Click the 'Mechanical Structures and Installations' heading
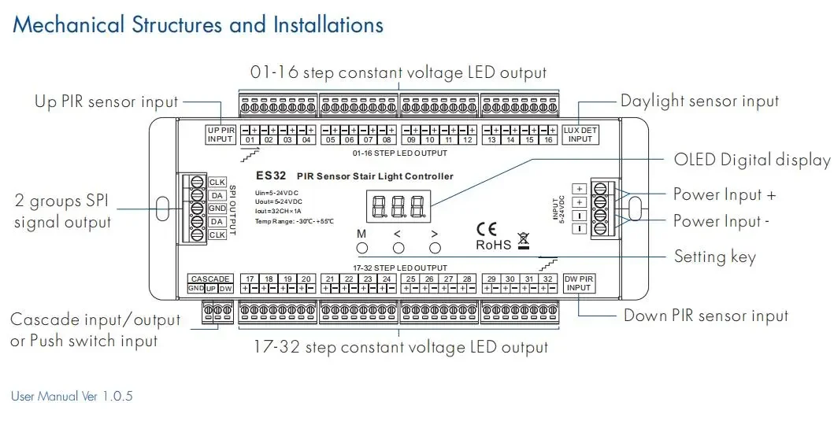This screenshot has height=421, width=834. coord(198,24)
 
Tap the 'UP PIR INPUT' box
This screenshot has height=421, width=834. coord(221,134)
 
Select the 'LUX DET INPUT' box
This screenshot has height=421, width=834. coord(580,134)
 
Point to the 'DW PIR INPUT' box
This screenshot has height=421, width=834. coord(580,283)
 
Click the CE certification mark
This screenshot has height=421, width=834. coord(487,229)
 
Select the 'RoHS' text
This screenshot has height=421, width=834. coord(494,245)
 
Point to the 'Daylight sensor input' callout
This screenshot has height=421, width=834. coord(699,101)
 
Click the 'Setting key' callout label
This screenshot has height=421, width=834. coord(714,257)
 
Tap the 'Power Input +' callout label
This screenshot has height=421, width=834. coord(724,194)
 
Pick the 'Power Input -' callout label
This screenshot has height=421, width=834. coord(721,221)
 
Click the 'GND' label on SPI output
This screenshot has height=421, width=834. coord(217,209)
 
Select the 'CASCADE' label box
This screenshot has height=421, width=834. coord(210,279)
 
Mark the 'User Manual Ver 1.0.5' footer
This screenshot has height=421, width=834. coord(72,396)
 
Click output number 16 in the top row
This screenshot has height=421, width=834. coord(547,140)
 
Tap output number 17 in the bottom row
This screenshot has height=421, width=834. coord(250,279)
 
